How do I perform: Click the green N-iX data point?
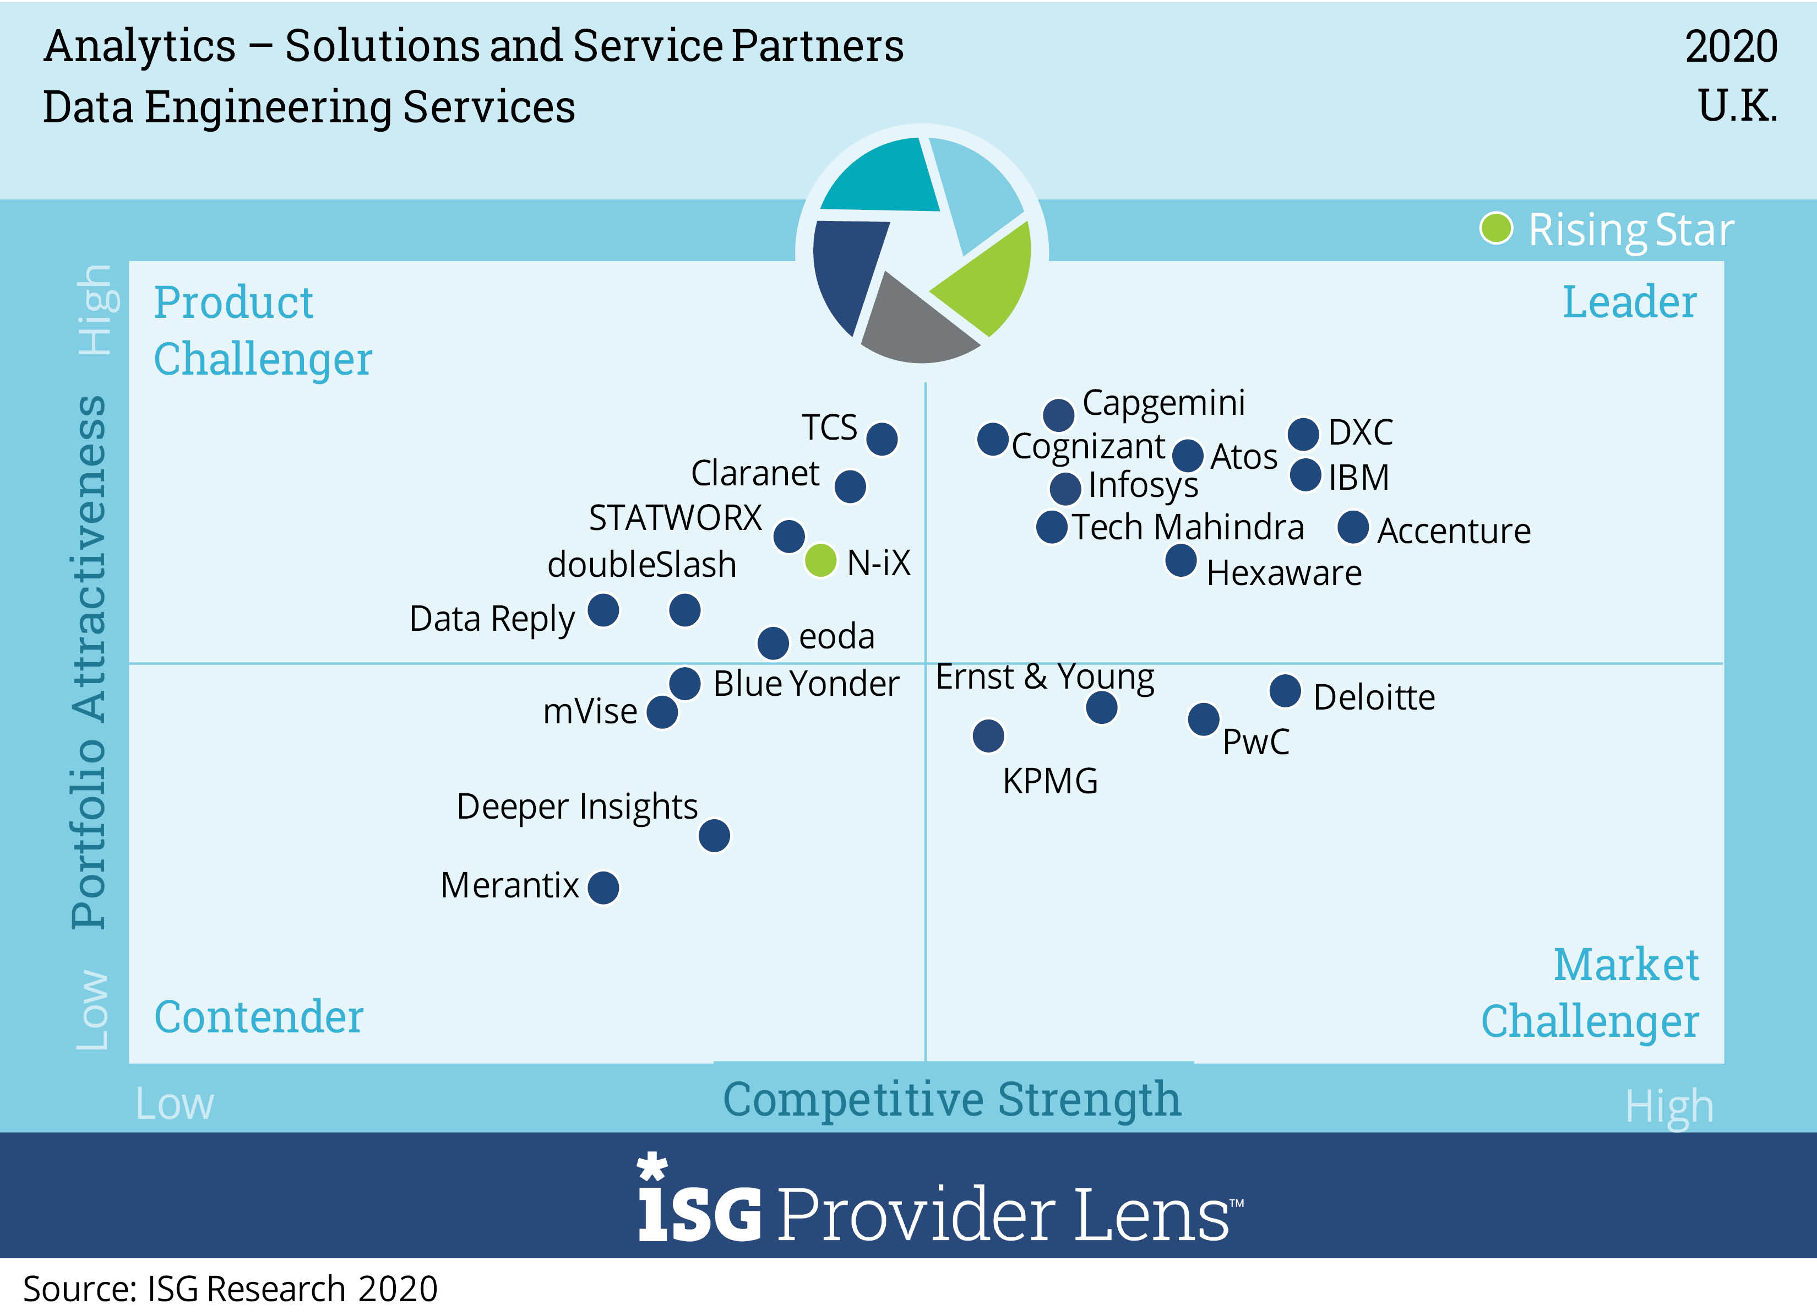[820, 560]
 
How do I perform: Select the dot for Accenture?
[1353, 527]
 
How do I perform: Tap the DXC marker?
[1303, 434]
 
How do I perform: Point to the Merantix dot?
[603, 887]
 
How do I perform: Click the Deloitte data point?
[1285, 691]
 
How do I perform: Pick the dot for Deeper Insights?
[714, 836]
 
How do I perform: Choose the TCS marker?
[882, 439]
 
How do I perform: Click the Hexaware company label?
[1283, 573]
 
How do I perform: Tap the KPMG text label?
[1051, 781]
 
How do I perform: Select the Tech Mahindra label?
[1188, 527]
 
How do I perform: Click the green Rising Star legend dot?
[1496, 229]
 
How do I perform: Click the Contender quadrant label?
[259, 1017]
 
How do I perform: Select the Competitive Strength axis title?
[952, 1100]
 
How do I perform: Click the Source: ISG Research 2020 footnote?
[231, 1289]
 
